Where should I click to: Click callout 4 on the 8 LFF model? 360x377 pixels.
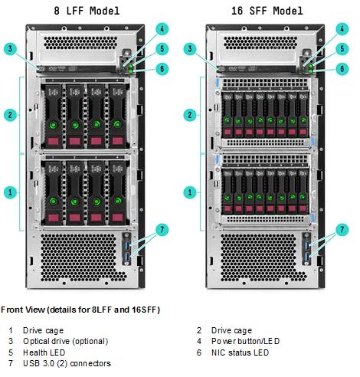coord(162,29)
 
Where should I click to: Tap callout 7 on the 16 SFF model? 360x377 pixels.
coord(342,230)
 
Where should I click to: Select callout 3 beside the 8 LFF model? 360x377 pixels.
coord(10,49)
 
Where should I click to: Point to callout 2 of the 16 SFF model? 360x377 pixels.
coord(190,115)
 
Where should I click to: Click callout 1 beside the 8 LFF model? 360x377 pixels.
coord(10,192)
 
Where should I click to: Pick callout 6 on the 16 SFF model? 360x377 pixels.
coord(342,69)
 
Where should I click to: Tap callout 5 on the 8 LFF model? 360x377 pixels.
coord(162,49)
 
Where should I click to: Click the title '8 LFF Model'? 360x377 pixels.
coord(87,11)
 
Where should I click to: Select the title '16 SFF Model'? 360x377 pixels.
coord(267,11)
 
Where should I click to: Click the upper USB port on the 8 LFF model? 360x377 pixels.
coord(127,245)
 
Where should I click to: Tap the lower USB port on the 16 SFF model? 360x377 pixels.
coord(306,258)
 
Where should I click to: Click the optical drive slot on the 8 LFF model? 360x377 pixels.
coord(77,69)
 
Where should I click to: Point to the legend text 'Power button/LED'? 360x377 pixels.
coord(245,341)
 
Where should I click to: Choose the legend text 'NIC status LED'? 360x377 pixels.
coord(240,352)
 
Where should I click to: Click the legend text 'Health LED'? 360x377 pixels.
coord(44,352)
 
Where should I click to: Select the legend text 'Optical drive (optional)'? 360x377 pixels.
coord(66,342)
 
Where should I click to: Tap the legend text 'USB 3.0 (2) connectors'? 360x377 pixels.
coord(67,363)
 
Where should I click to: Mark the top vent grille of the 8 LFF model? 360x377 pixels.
coord(80,43)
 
